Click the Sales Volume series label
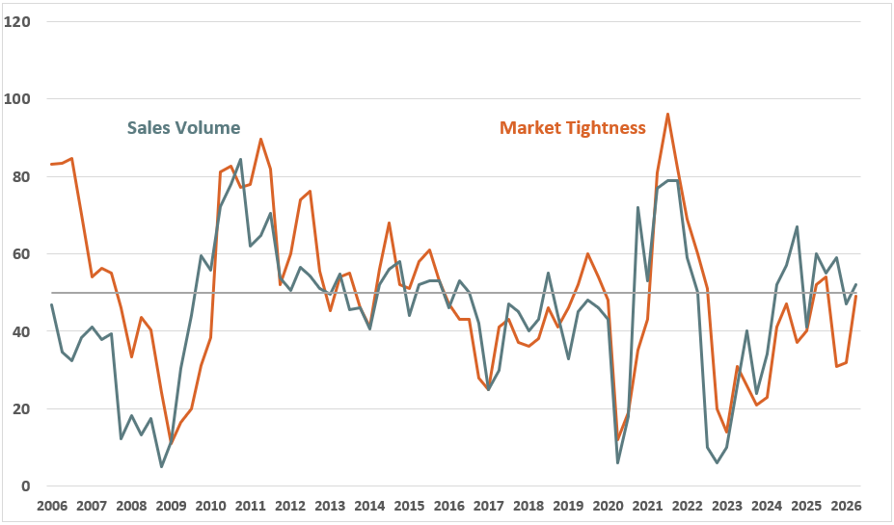point(183,128)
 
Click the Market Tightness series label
point(573,128)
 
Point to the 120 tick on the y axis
point(17,21)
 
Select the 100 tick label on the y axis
point(17,99)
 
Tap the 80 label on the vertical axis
point(21,177)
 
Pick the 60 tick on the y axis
point(21,254)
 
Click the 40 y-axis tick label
point(21,331)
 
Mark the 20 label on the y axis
point(21,409)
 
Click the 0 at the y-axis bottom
point(25,486)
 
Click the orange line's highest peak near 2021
point(667,115)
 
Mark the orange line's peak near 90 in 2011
point(260,140)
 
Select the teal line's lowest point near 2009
point(161,466)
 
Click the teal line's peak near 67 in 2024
point(797,227)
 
